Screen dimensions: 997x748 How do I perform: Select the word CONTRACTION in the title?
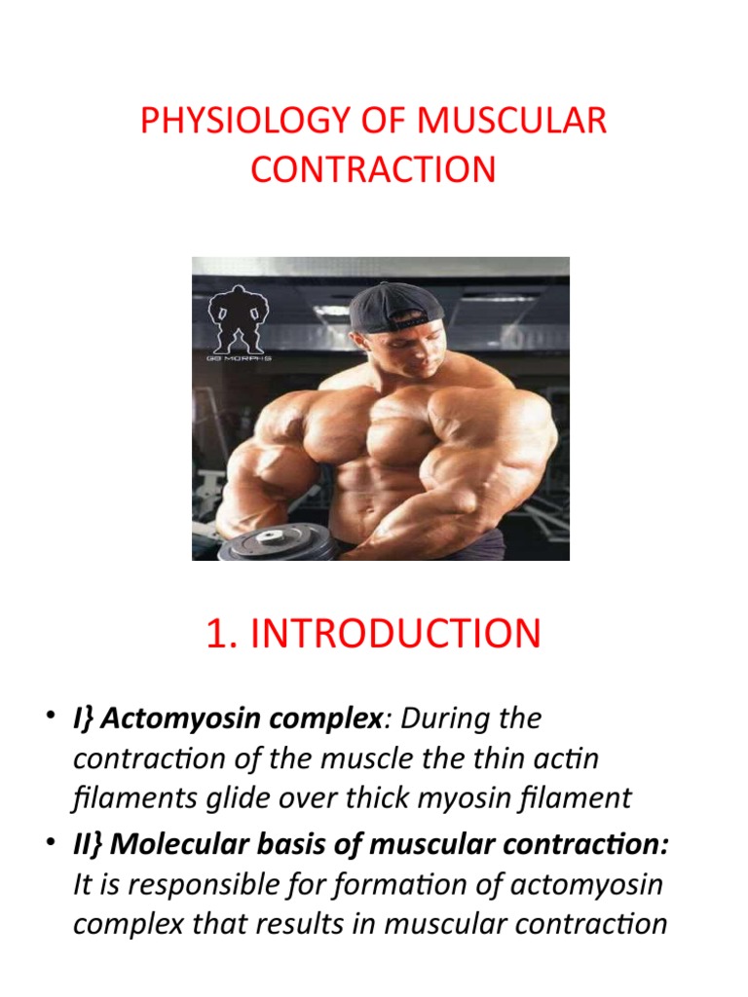tap(373, 169)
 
